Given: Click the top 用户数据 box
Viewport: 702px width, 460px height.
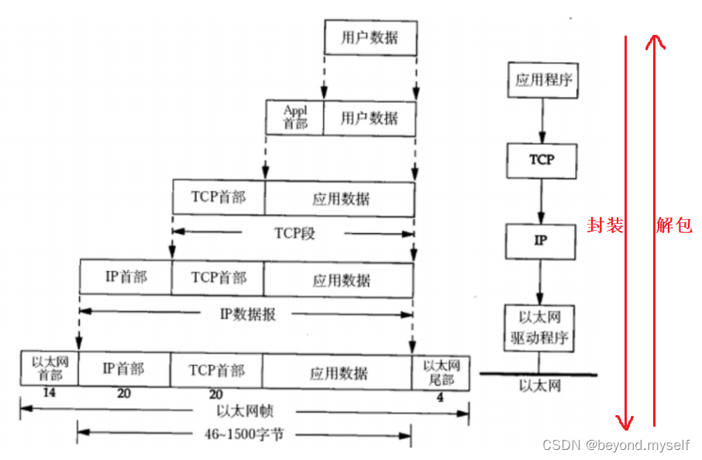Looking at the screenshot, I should coord(370,38).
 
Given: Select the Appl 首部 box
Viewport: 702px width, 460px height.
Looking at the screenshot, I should coord(294,118).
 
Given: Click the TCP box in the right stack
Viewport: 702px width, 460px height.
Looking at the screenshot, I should coord(542,160).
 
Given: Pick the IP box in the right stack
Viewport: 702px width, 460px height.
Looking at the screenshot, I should coord(541,240).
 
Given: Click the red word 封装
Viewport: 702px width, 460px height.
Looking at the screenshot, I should coord(606,227).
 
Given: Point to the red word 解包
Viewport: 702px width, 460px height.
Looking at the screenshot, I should coord(674,227).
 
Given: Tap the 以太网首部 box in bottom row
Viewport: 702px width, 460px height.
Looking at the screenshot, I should coord(49,368).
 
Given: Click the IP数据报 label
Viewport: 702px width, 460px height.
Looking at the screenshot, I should coord(248,314).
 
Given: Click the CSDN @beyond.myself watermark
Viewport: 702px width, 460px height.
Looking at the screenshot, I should coord(617,445).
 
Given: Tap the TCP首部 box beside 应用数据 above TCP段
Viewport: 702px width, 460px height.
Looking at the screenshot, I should coord(219,197).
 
